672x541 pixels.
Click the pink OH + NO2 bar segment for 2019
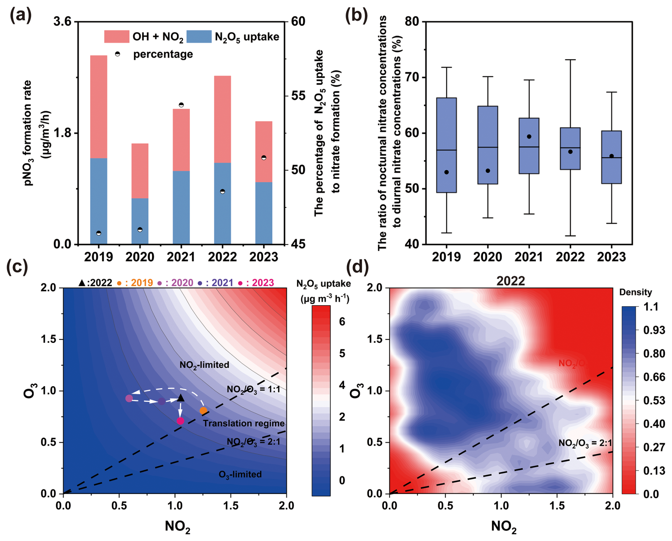[99, 107]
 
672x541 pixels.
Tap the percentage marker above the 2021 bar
[181, 105]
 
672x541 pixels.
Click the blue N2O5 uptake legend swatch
[199, 37]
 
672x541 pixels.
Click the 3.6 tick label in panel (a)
[62, 22]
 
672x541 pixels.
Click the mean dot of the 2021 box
[529, 136]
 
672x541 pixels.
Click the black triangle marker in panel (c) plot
[181, 398]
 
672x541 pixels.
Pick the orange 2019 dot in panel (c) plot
[203, 411]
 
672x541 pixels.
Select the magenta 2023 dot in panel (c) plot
[180, 421]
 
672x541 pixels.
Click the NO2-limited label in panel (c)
[204, 365]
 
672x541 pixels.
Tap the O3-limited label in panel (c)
[240, 474]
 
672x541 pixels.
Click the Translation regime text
[244, 423]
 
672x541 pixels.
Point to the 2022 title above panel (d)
[510, 281]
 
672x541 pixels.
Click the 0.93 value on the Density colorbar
[654, 330]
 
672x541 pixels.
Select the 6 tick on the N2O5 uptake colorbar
[342, 322]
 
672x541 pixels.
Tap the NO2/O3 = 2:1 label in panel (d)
[585, 443]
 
